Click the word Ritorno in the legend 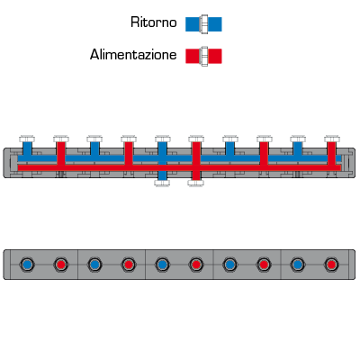tap(154, 22)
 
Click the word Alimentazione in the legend tap(133, 55)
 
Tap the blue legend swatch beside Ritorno tap(203, 24)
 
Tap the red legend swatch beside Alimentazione tap(203, 56)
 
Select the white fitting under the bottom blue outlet tap(162, 183)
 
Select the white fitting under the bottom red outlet tap(196, 183)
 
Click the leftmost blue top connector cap tap(27, 139)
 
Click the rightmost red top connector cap tap(332, 139)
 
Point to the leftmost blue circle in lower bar tap(27, 265)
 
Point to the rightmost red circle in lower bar tap(331, 265)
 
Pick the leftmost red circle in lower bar tap(61, 265)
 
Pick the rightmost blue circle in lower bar tap(297, 265)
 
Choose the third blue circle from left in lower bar tap(162, 265)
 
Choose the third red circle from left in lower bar tap(196, 265)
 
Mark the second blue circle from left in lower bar tap(94, 265)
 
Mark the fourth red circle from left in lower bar tap(264, 265)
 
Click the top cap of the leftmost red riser tap(61, 139)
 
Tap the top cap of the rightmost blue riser tap(298, 139)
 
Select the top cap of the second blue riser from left tap(94, 139)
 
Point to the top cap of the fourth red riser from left tap(265, 139)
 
